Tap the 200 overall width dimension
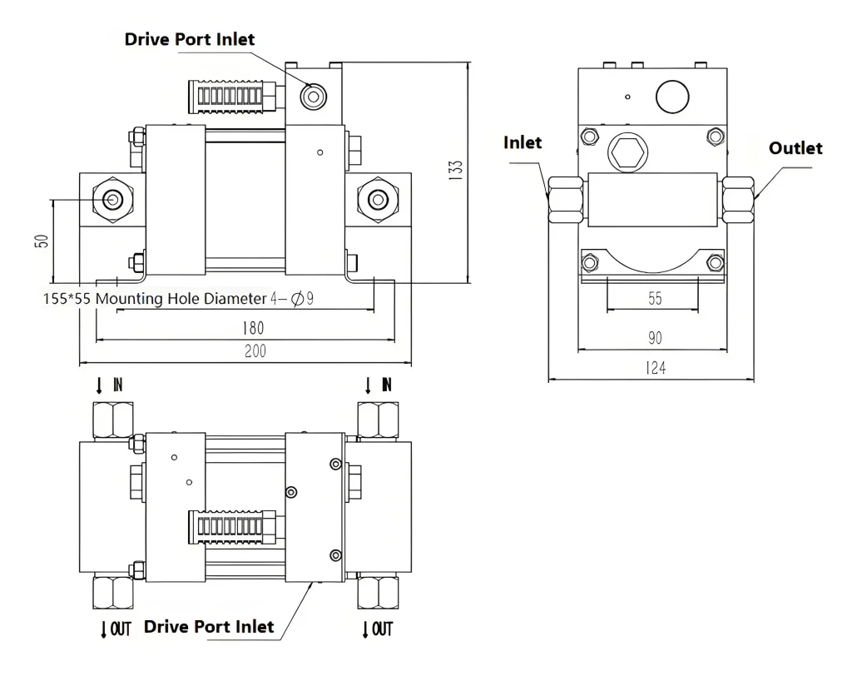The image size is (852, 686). tap(255, 351)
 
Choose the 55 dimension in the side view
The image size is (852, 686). tap(655, 298)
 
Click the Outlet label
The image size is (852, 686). tap(795, 148)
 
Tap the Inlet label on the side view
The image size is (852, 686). tap(523, 142)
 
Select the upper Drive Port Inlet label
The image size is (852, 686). tap(190, 39)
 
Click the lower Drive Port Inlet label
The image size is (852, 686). tap(209, 626)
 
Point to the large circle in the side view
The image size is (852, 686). tap(674, 97)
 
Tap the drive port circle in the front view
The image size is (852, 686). tap(314, 97)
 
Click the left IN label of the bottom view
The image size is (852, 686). tap(111, 385)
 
